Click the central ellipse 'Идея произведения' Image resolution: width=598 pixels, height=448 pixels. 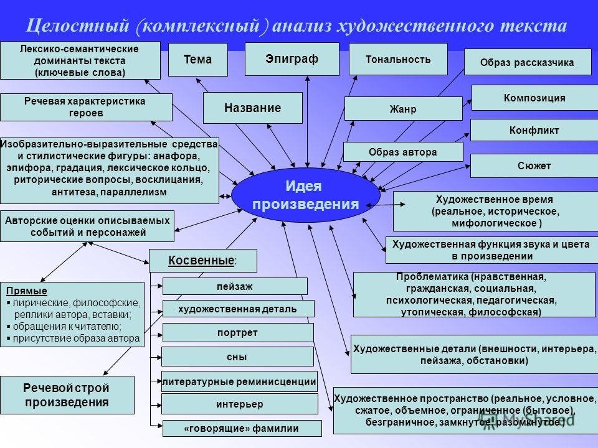305,195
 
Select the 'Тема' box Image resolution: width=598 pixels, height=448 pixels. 198,60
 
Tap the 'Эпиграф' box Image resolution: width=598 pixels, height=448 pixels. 292,58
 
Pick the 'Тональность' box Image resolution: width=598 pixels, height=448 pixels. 398,59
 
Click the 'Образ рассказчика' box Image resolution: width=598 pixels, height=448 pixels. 527,62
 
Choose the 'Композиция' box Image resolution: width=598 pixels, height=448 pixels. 534,98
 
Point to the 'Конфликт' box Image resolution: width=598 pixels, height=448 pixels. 534,131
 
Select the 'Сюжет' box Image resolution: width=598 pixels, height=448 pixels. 534,166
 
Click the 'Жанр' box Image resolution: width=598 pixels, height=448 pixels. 403,109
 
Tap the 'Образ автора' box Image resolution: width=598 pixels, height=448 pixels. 403,152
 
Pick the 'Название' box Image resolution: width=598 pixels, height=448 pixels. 252,108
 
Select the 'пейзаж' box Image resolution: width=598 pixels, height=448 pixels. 235,286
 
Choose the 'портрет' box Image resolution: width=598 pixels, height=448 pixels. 237,332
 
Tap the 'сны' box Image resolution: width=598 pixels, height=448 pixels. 237,357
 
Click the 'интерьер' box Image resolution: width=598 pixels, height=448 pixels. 239,404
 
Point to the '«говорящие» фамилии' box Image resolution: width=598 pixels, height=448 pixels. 242,428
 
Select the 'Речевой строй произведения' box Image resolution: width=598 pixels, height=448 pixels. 67,394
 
